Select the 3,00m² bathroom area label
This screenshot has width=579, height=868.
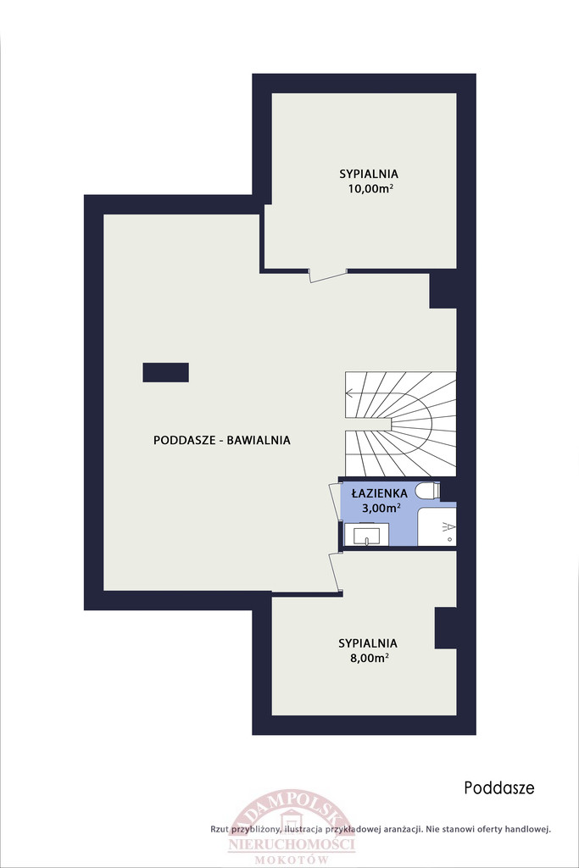coord(381,508)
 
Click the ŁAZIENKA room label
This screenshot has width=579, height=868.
coord(380,492)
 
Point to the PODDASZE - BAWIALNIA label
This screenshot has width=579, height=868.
coord(221,440)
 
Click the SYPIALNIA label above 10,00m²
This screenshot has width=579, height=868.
coord(369,174)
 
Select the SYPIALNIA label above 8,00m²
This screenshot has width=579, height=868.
coord(368,643)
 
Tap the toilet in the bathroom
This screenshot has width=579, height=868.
coord(429,491)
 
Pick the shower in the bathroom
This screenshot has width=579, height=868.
coord(437,525)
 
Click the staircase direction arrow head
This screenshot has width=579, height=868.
coord(348,394)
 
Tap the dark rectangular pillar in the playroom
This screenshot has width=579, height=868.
coord(165,373)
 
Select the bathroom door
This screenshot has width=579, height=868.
coord(334,502)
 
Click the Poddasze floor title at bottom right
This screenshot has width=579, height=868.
coord(499,787)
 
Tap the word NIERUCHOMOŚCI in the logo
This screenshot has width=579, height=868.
coord(292,845)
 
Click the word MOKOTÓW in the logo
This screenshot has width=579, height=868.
coord(292,860)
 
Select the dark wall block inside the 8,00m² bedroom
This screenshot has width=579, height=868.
coord(446,628)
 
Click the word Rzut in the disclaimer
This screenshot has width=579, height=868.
coord(220,829)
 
